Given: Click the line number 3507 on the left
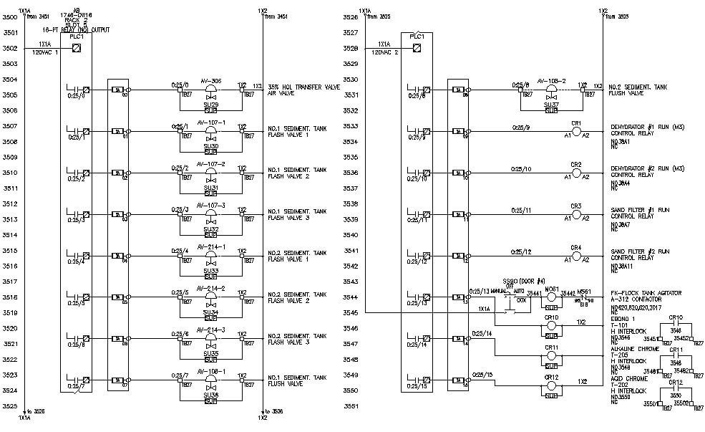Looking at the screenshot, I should click(x=10, y=126).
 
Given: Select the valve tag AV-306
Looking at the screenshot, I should click(x=210, y=80).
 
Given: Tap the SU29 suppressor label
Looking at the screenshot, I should click(x=210, y=105).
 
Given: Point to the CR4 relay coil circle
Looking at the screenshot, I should click(x=576, y=256).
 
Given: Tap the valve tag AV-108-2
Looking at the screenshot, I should click(x=550, y=80).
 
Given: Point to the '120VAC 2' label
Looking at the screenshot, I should click(x=385, y=52).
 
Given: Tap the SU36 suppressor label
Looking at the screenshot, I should click(x=210, y=394).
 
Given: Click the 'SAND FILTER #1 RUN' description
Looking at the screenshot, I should click(x=640, y=211).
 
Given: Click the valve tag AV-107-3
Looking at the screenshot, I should click(x=210, y=205).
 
